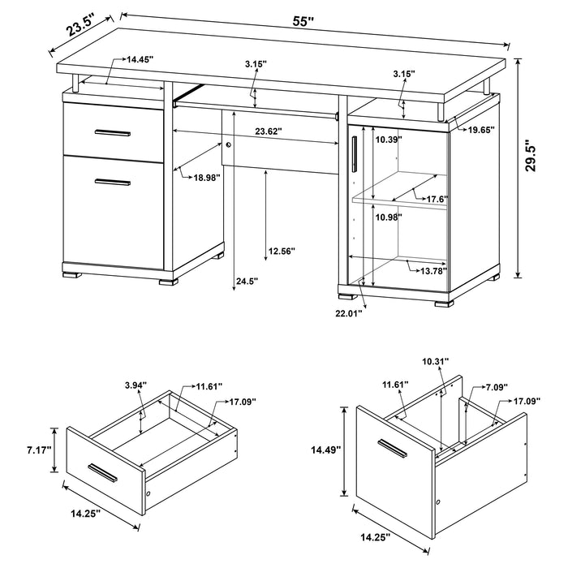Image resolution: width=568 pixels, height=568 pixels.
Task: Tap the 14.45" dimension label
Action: (140, 60)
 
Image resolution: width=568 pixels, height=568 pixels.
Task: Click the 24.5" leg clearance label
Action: (245, 282)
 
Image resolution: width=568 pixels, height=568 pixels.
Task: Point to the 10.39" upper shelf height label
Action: (388, 140)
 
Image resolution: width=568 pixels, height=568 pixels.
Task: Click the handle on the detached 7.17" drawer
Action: (107, 472)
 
